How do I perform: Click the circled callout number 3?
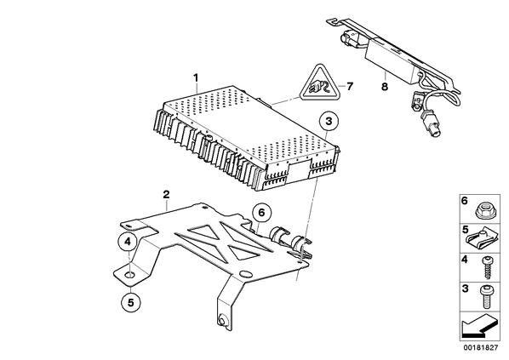[x=329, y=122]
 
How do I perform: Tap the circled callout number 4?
[x=128, y=242]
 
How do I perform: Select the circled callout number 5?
[x=130, y=302]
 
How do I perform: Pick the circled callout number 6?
[x=261, y=213]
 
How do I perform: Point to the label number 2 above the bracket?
[x=166, y=195]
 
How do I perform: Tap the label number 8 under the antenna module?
[x=385, y=87]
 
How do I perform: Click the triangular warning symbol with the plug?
[x=317, y=84]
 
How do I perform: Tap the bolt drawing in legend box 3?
[x=485, y=297]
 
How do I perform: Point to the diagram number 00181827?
[x=480, y=348]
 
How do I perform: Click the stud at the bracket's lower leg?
[x=222, y=320]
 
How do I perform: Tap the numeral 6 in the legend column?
[x=465, y=201]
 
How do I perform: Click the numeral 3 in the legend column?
[x=465, y=289]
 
